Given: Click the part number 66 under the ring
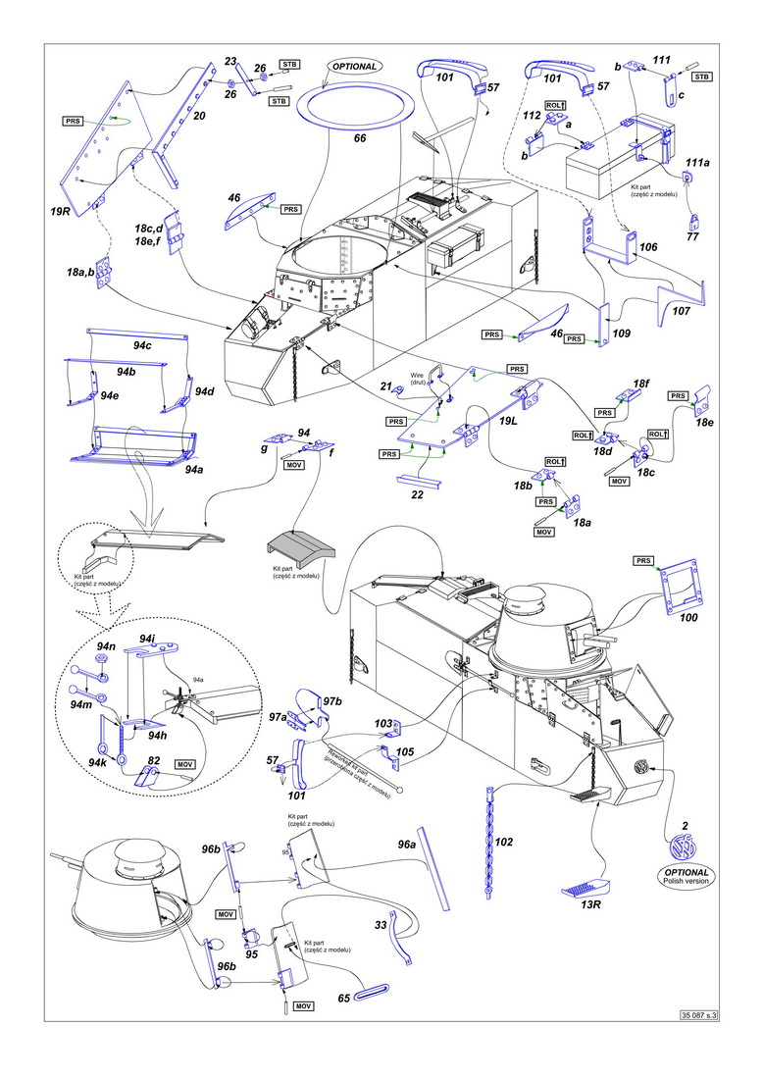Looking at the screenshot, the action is pos(360,138).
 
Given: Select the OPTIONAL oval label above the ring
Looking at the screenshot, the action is pos(354,67).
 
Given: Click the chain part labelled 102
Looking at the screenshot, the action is pos(489,841).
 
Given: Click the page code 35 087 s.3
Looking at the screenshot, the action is pos(698,1015).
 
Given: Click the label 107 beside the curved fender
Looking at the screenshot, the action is pos(682,311).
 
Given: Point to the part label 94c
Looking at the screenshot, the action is pos(142,345).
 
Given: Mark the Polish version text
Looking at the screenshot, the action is pos(686,881).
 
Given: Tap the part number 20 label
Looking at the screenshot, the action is pos(199,117).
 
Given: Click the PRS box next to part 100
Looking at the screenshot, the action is pos(643,561).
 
